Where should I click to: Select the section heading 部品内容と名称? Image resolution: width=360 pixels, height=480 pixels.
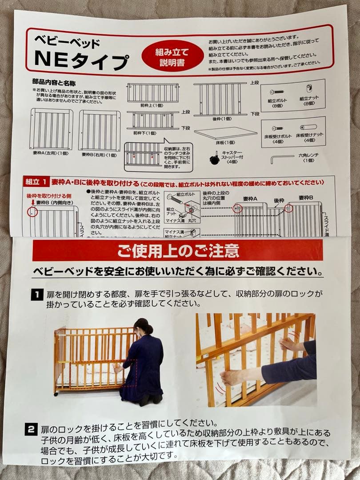[54, 83]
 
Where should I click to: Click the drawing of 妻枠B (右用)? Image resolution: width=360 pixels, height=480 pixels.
[100, 130]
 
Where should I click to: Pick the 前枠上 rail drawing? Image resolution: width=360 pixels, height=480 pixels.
[152, 92]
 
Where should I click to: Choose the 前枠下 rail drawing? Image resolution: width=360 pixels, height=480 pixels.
[152, 120]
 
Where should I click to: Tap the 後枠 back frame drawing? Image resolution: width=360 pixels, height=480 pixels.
[220, 99]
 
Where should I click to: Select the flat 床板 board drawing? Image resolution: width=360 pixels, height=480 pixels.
[225, 133]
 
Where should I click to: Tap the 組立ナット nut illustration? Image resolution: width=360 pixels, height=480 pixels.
[309, 89]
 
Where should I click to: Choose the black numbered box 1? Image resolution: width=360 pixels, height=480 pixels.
[35, 294]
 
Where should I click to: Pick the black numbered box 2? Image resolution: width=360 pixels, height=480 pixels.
[30, 429]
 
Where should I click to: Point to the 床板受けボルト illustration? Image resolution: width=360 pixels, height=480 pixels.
[278, 128]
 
